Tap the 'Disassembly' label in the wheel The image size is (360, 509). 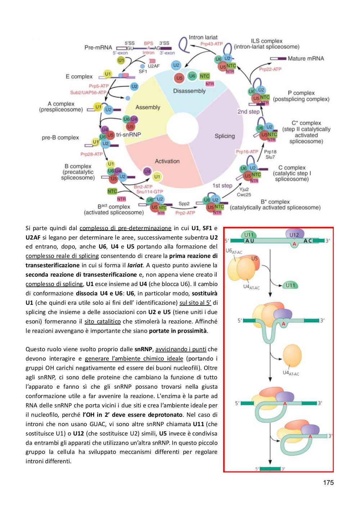(189, 91)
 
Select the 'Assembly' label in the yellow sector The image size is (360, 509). (148, 107)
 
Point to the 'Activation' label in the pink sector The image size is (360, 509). (167, 161)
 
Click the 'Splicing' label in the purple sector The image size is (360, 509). (225, 136)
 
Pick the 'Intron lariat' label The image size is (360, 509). (203, 37)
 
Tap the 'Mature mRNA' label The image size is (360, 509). (306, 58)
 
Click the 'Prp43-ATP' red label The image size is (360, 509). (211, 44)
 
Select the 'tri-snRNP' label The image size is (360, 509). (128, 134)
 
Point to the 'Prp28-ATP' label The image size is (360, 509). (91, 154)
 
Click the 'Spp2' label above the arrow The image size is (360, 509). (184, 204)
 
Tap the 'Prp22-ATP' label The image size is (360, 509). (270, 69)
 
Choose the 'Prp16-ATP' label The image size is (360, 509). (247, 152)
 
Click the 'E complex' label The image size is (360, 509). (79, 77)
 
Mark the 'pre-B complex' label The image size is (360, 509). (60, 138)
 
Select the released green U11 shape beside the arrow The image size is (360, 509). (290, 285)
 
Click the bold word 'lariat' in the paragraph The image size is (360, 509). (135, 265)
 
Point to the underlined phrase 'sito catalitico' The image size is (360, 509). (103, 321)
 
